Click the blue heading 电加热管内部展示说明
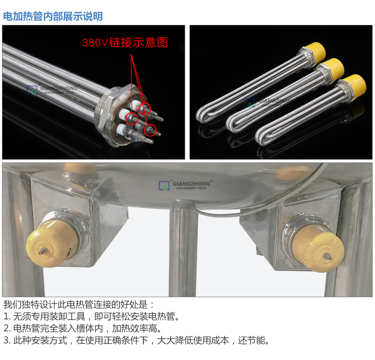[53, 16]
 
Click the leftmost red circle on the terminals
[131, 118]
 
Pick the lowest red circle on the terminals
[150, 130]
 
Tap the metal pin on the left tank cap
[41, 250]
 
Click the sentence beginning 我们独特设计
[79, 305]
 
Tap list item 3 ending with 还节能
[137, 340]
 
